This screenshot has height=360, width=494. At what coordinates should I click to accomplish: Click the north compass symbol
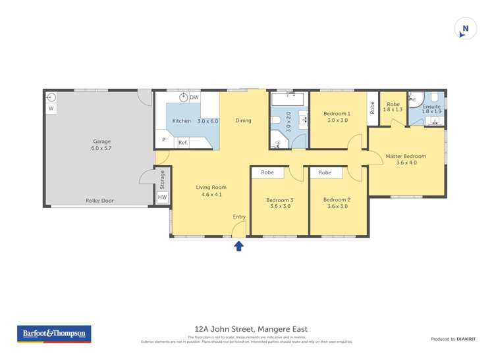(x=465, y=29)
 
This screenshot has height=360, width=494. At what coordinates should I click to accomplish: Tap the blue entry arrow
(x=239, y=245)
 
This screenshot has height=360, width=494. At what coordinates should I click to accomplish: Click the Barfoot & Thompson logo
(x=54, y=334)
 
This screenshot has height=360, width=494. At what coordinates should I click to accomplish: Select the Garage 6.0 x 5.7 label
(x=101, y=145)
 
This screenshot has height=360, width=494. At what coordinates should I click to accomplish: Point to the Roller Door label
(x=99, y=201)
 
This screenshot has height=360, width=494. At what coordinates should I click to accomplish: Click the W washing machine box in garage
(x=51, y=109)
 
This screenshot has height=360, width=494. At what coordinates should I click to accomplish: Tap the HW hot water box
(x=162, y=197)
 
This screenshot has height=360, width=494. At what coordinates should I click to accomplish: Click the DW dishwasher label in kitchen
(x=194, y=98)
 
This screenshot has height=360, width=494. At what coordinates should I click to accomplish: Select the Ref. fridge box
(x=183, y=142)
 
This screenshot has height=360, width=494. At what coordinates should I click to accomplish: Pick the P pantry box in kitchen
(x=163, y=140)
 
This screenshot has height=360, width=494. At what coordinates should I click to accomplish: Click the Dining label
(x=243, y=120)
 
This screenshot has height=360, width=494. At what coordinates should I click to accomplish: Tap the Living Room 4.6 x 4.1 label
(x=211, y=191)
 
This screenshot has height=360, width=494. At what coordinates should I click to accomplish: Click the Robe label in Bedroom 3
(x=267, y=172)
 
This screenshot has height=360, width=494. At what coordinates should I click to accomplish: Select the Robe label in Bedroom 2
(x=325, y=172)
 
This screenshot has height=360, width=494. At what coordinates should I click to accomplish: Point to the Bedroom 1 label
(x=337, y=117)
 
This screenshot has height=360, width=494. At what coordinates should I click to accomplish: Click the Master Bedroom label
(x=406, y=160)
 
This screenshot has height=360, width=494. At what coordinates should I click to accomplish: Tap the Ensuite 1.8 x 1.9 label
(x=432, y=109)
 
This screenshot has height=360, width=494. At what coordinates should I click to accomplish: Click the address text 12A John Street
(x=251, y=329)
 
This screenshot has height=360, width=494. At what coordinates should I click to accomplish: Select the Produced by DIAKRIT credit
(x=453, y=339)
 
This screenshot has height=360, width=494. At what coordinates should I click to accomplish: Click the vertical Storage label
(x=162, y=179)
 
